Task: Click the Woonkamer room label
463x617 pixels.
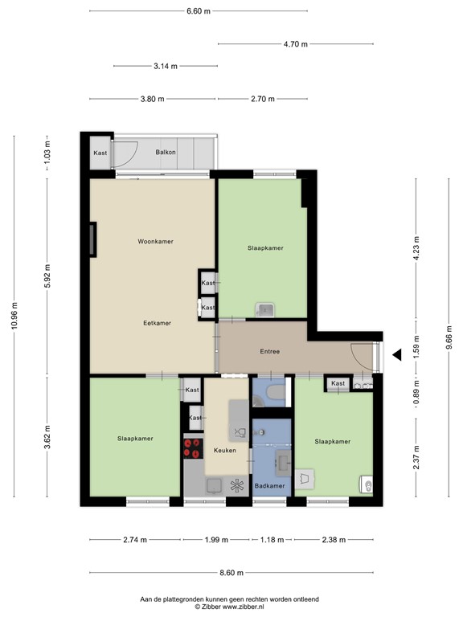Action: click(156, 241)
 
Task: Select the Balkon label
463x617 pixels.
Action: click(166, 152)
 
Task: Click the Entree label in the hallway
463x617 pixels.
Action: click(269, 352)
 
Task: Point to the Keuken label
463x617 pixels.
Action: click(224, 450)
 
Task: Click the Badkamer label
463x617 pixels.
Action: click(269, 486)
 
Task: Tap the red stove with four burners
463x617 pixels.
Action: click(192, 447)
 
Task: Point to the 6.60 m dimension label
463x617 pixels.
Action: click(198, 11)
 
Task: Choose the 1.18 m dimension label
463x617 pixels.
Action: click(272, 540)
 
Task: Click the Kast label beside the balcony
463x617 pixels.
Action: click(100, 153)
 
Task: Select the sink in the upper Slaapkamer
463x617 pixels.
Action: click(264, 309)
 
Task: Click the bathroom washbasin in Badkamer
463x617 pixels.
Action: click(283, 460)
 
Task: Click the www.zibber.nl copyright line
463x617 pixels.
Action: click(230, 607)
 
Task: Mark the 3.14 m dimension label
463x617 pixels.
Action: click(166, 67)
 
